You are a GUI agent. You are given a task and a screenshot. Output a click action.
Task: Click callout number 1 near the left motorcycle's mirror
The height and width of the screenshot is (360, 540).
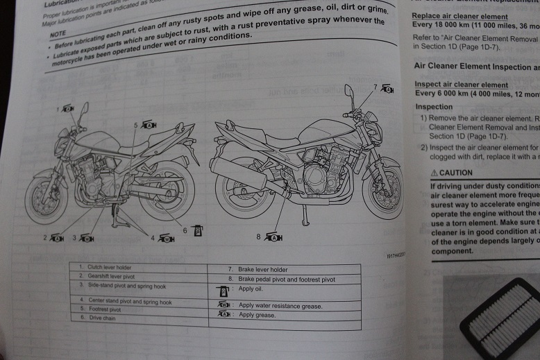(57, 110)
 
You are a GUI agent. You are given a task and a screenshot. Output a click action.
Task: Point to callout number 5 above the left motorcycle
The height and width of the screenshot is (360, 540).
(136, 125)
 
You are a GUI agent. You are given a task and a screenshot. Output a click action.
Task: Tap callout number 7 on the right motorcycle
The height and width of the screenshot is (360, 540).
(375, 87)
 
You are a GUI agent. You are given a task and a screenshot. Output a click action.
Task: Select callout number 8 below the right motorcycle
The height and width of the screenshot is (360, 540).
(258, 237)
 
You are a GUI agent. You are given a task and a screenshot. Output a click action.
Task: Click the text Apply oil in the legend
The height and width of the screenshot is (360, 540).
(251, 289)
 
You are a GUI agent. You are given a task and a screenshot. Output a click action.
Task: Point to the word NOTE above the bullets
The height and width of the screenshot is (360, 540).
(59, 33)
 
